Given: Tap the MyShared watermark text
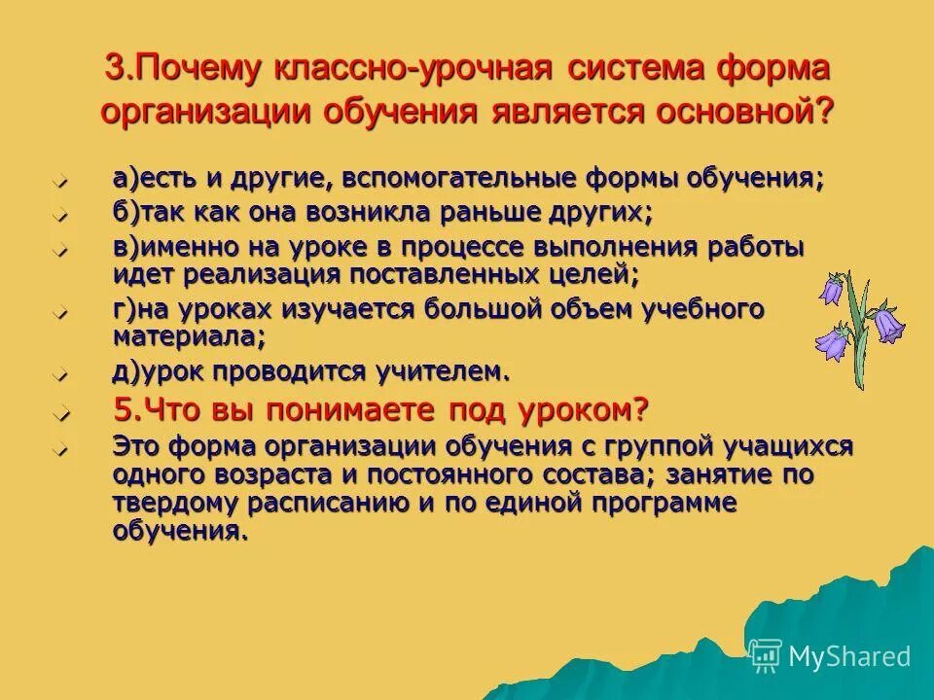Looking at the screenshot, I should [x=848, y=656].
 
